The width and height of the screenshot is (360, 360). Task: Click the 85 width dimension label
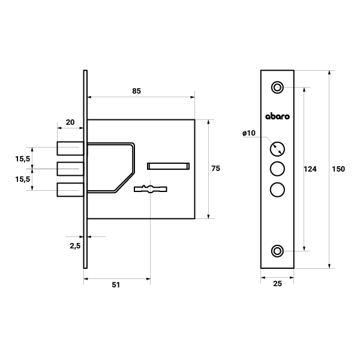coord(136,91)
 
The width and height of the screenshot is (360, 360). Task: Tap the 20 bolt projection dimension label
coord(70,122)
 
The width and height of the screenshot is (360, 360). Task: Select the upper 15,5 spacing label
coord(23,159)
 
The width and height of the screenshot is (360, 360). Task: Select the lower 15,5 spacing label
coord(23,179)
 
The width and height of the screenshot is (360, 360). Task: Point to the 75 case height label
coord(215,169)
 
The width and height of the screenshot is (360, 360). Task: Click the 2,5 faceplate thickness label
coord(75,246)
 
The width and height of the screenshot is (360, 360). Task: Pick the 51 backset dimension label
coord(116,285)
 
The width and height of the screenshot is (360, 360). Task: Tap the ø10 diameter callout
coord(249,133)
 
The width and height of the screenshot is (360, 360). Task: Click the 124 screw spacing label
coord(310,169)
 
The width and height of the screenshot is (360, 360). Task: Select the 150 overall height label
coord(338,169)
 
